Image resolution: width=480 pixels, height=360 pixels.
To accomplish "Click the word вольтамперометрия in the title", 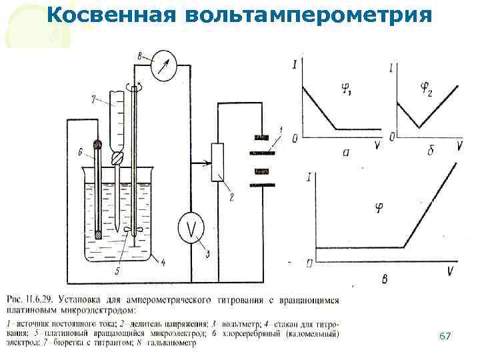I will coord(304,15).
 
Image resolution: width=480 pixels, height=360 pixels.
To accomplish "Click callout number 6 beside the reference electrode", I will coord(79,153).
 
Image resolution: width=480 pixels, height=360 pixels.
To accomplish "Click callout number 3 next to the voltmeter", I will coord(207,253).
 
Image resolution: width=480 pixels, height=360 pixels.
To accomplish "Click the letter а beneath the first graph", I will coord(346,153).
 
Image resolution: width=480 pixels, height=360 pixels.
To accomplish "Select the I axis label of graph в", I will coord(309,177).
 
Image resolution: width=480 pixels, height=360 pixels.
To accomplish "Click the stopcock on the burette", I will coord(117,158).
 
